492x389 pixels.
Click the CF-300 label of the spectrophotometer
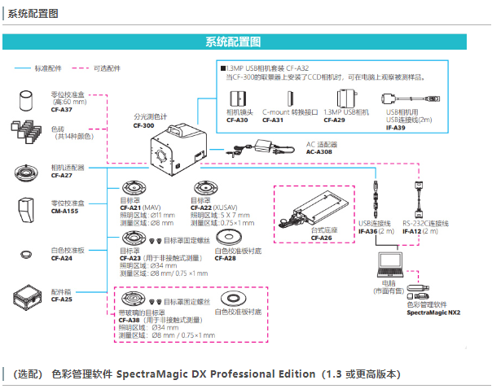143,126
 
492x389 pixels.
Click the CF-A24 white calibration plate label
61,258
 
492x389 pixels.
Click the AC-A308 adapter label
322,151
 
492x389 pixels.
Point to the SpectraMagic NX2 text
433,313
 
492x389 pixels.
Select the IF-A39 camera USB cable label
396,128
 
